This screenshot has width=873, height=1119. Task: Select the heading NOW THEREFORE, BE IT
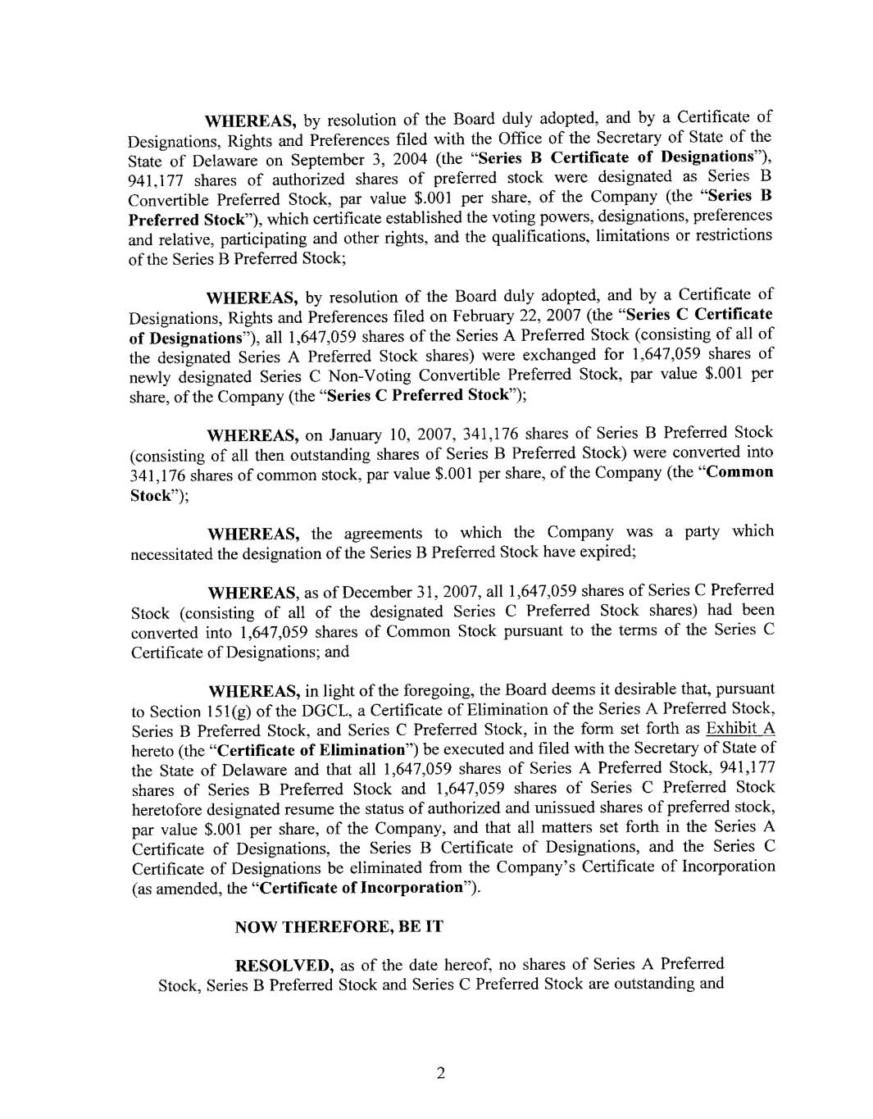(x=339, y=927)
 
